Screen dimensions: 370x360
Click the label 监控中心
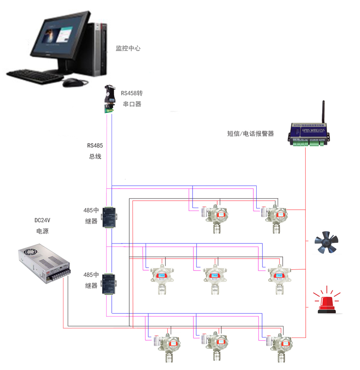(128, 48)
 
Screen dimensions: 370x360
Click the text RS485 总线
(95, 151)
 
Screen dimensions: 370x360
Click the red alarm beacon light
(327, 302)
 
